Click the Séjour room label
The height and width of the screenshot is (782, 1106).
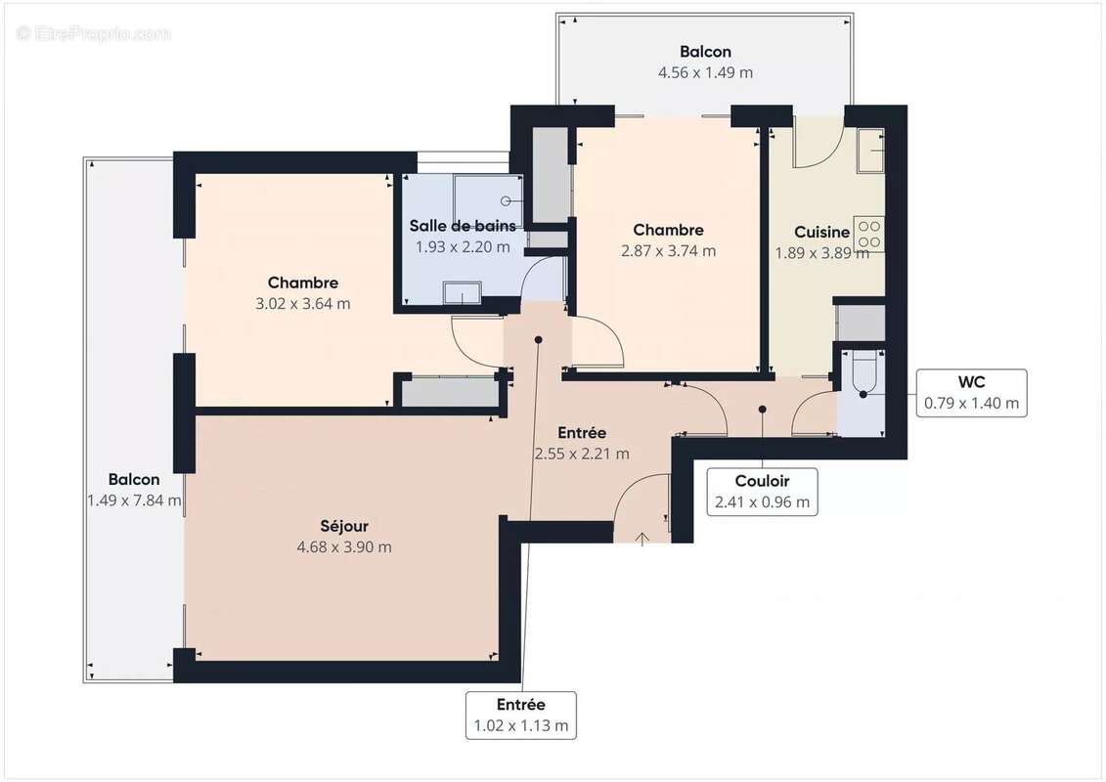(x=343, y=526)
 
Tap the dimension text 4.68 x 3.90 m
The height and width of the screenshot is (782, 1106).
(x=343, y=546)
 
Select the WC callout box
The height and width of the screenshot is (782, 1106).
(x=970, y=393)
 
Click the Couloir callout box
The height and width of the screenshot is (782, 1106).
(x=762, y=491)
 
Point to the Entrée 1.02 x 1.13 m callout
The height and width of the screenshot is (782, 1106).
(x=520, y=715)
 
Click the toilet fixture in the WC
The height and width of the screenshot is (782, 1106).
(x=863, y=376)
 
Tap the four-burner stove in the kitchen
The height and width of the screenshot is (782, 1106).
(x=868, y=234)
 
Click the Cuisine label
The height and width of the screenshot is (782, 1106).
(x=821, y=233)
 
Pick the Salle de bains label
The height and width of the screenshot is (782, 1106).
(x=463, y=226)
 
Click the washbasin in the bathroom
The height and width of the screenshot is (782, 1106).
(x=461, y=292)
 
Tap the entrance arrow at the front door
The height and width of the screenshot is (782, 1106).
(x=642, y=538)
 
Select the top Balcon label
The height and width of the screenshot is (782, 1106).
(x=705, y=52)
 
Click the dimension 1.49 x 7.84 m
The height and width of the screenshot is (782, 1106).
(x=134, y=500)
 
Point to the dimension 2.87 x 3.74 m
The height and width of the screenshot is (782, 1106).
(x=668, y=250)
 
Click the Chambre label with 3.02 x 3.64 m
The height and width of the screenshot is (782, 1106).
(x=302, y=282)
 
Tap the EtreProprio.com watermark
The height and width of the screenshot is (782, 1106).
(x=94, y=33)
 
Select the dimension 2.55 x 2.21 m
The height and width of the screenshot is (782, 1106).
(x=582, y=454)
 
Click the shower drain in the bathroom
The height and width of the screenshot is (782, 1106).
(x=507, y=200)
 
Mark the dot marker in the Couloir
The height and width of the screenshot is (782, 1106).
(x=763, y=410)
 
